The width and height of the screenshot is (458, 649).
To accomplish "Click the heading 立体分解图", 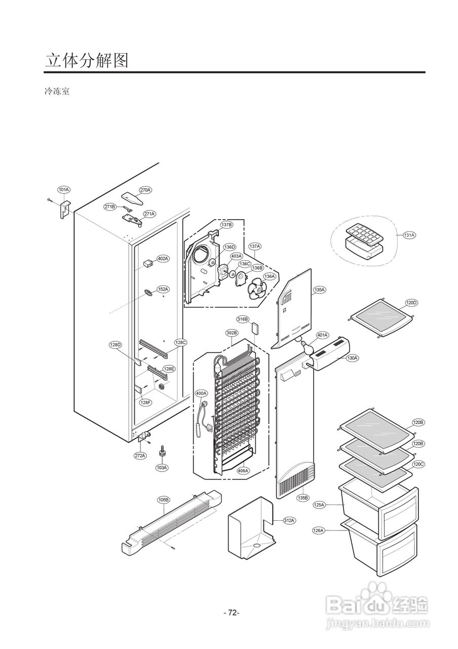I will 86,60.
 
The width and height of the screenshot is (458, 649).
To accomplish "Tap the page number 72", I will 232,612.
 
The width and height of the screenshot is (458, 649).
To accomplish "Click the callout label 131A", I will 409,235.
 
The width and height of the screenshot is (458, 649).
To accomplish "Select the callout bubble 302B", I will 232,333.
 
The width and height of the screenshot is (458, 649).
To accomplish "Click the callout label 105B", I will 164,500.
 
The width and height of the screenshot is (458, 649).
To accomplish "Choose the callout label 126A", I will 318,530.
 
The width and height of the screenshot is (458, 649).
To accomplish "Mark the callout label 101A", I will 64,190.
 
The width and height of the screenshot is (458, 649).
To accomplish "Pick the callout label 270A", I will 145,190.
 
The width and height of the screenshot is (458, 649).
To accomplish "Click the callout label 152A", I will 163,289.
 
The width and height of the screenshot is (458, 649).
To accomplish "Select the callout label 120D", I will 411,303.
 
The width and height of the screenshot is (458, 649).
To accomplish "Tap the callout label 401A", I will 322,335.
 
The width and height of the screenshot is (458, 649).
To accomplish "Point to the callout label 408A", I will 243,471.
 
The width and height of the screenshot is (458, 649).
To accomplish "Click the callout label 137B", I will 226,224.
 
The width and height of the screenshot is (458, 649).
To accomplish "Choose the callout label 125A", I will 319,505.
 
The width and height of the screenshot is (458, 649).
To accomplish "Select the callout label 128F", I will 145,402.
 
